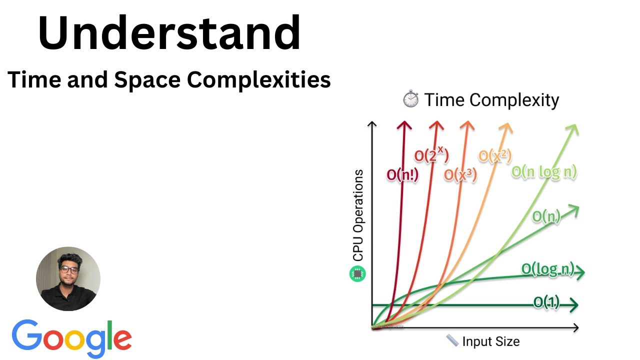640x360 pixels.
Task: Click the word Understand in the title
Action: (x=169, y=33)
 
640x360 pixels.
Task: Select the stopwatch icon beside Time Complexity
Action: (x=410, y=99)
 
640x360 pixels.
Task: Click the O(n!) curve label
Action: (x=403, y=175)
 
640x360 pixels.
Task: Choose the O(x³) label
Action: (x=460, y=174)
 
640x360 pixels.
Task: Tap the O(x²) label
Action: (x=495, y=155)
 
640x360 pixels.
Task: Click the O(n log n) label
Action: (x=544, y=171)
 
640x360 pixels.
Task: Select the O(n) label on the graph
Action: (x=546, y=216)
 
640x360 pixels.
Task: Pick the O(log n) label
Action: (x=548, y=269)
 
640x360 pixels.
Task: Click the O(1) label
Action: (x=546, y=302)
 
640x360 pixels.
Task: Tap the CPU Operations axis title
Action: (x=358, y=215)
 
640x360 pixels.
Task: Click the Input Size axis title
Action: (x=490, y=341)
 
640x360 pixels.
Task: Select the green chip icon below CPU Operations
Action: (x=358, y=273)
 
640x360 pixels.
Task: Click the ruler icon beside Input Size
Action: (x=452, y=341)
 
